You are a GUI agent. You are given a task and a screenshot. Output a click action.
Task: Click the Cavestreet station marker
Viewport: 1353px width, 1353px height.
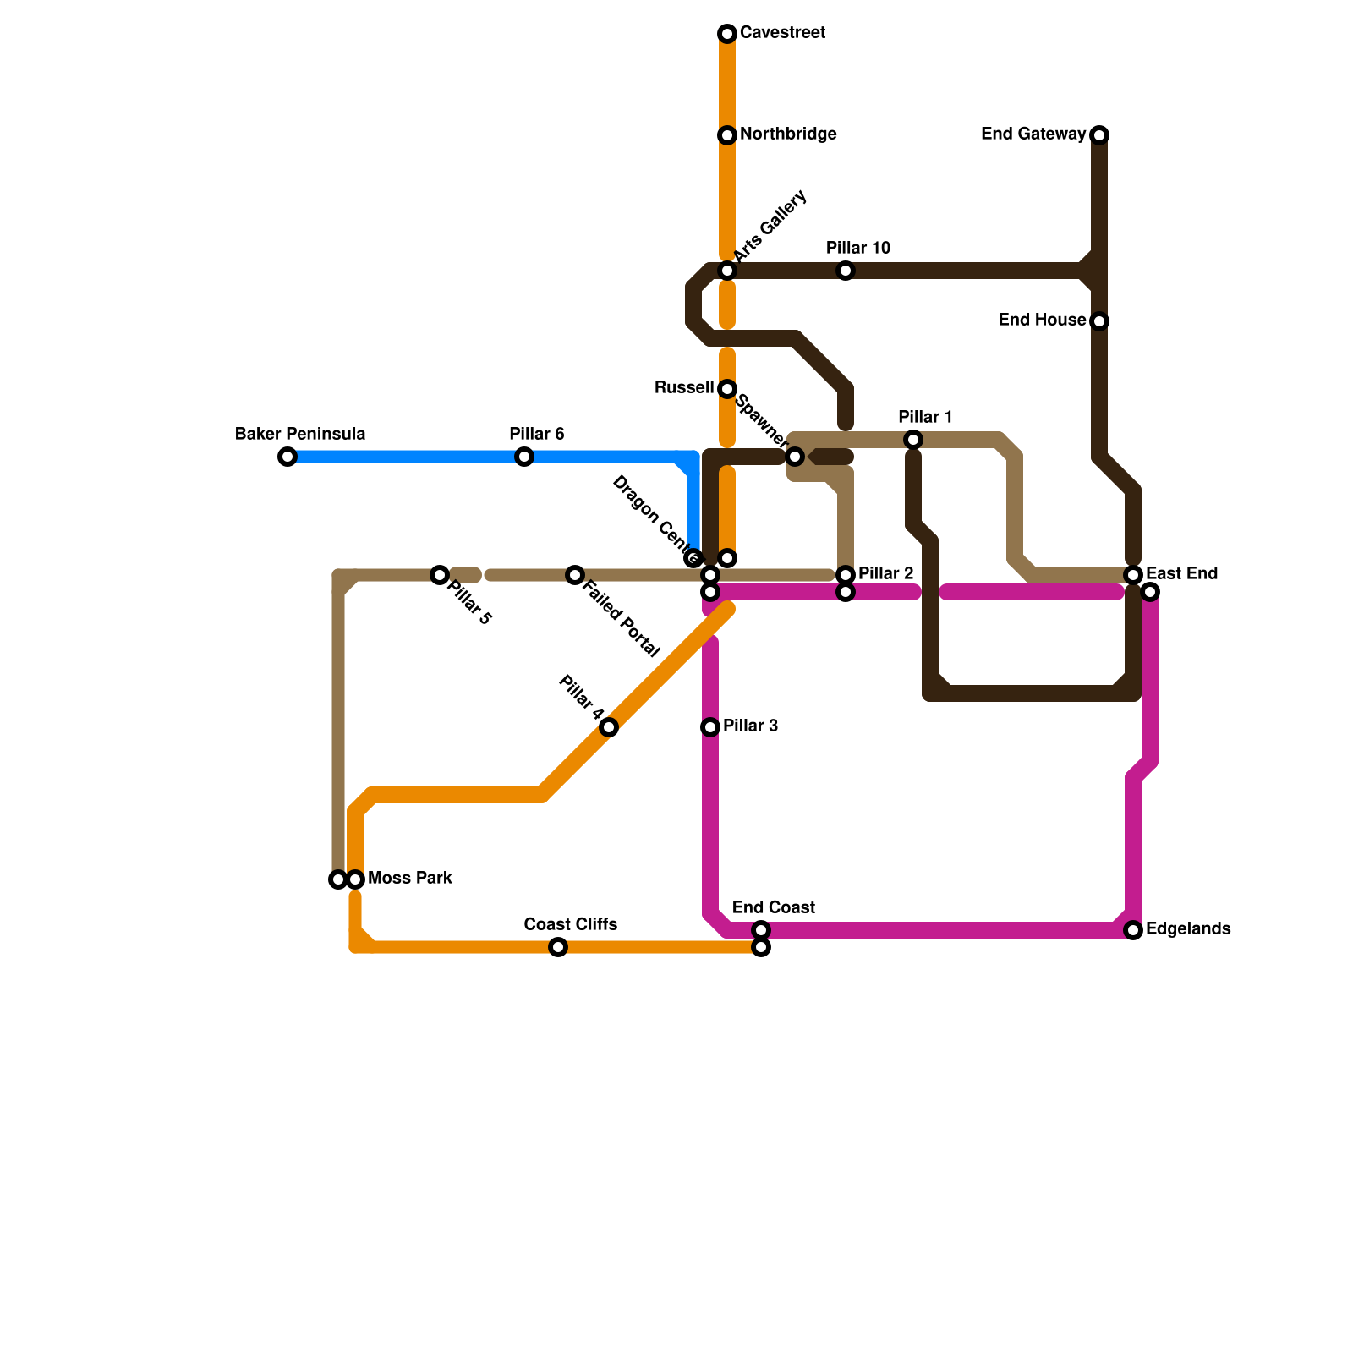tap(727, 34)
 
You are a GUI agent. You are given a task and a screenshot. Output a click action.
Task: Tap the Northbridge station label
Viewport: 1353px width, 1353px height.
tap(787, 134)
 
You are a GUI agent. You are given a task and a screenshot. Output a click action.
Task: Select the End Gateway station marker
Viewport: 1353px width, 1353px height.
tap(1099, 135)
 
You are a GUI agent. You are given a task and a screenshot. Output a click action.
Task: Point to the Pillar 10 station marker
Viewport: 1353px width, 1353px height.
tap(846, 271)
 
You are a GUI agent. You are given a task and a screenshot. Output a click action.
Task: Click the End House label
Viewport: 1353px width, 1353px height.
tap(1042, 320)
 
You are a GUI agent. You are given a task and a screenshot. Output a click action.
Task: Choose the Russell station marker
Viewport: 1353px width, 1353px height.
tap(727, 389)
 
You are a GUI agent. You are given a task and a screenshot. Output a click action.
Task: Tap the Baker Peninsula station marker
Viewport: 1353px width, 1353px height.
tap(288, 457)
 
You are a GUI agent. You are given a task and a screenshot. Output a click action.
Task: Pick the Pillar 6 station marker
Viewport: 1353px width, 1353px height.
tap(524, 457)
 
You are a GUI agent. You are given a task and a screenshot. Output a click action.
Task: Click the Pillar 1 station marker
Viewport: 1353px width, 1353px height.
tap(913, 440)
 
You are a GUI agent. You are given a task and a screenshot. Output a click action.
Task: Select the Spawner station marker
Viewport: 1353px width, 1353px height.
tap(795, 457)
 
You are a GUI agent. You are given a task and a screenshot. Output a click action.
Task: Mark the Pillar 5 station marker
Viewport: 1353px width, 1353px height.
tap(440, 575)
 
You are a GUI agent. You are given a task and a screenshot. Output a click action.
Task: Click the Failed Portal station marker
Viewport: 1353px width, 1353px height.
tap(575, 575)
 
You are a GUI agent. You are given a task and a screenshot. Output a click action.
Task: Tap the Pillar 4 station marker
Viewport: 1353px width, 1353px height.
tap(609, 727)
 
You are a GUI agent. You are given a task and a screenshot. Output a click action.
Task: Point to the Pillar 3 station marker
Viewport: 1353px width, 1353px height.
tap(710, 727)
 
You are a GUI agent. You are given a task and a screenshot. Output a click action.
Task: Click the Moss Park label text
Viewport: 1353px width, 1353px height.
tap(410, 879)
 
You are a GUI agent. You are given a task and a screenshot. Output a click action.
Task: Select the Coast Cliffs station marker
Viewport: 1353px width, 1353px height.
tap(558, 947)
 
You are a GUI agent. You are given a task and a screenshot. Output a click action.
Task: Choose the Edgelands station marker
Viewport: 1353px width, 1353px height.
tap(1133, 930)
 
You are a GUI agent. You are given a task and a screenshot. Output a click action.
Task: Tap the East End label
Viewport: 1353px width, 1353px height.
tap(1181, 574)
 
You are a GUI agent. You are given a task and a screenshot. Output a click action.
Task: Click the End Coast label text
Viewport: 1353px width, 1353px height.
tap(773, 908)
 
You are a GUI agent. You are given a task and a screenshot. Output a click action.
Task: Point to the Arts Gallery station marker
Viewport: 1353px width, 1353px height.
tap(727, 271)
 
